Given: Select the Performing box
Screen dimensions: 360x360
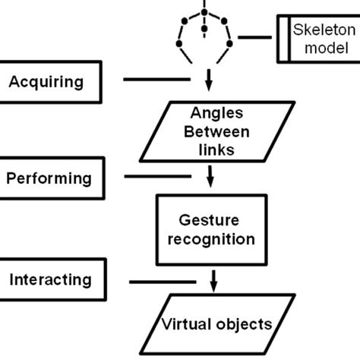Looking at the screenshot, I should coord(49,179).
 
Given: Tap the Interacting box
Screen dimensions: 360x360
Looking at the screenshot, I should coord(49,280).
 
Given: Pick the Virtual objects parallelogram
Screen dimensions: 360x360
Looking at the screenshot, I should coord(216,325).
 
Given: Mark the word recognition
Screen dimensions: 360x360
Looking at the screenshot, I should coord(216,239).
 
